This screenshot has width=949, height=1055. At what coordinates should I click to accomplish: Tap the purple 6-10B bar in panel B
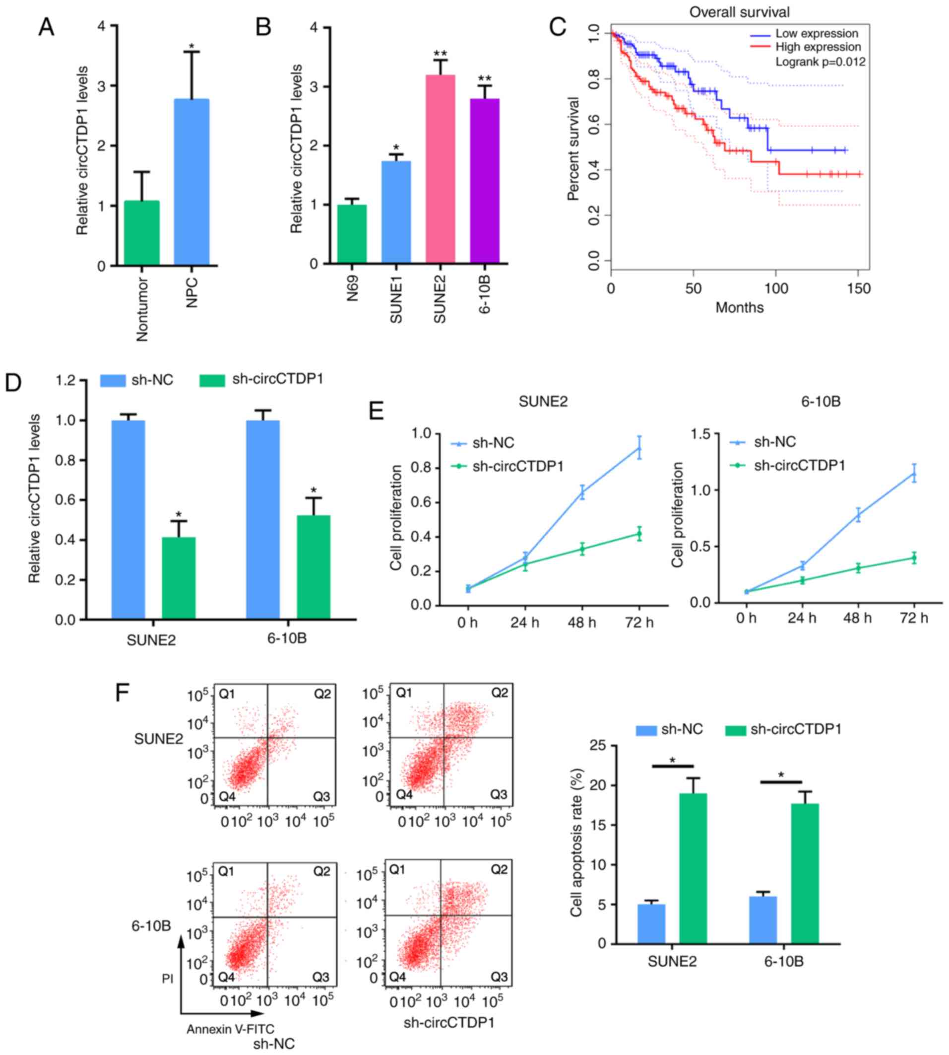pos(484,181)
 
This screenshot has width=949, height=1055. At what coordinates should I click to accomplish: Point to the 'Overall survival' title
pos(739,12)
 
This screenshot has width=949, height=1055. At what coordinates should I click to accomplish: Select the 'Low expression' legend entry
pos(816,34)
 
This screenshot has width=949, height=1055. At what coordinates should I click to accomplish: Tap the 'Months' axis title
pos(739,307)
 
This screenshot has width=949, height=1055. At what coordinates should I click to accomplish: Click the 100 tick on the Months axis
pos(776,288)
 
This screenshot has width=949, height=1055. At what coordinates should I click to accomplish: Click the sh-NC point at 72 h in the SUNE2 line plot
pos(639,448)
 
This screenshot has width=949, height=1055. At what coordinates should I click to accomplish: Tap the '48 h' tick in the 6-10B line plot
pos(857,618)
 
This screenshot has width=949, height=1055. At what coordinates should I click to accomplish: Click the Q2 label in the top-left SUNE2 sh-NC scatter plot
pos(322,694)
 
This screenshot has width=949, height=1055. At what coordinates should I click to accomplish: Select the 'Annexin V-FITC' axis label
pos(230,1029)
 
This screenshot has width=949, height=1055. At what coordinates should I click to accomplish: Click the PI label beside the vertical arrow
pos(167,979)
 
